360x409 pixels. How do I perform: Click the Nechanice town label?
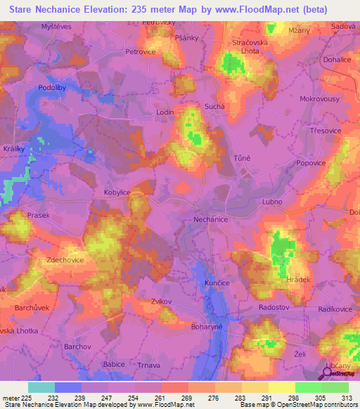[210, 219]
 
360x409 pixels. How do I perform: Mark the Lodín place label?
[165, 112]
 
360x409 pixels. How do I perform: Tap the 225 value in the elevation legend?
[27, 398]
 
